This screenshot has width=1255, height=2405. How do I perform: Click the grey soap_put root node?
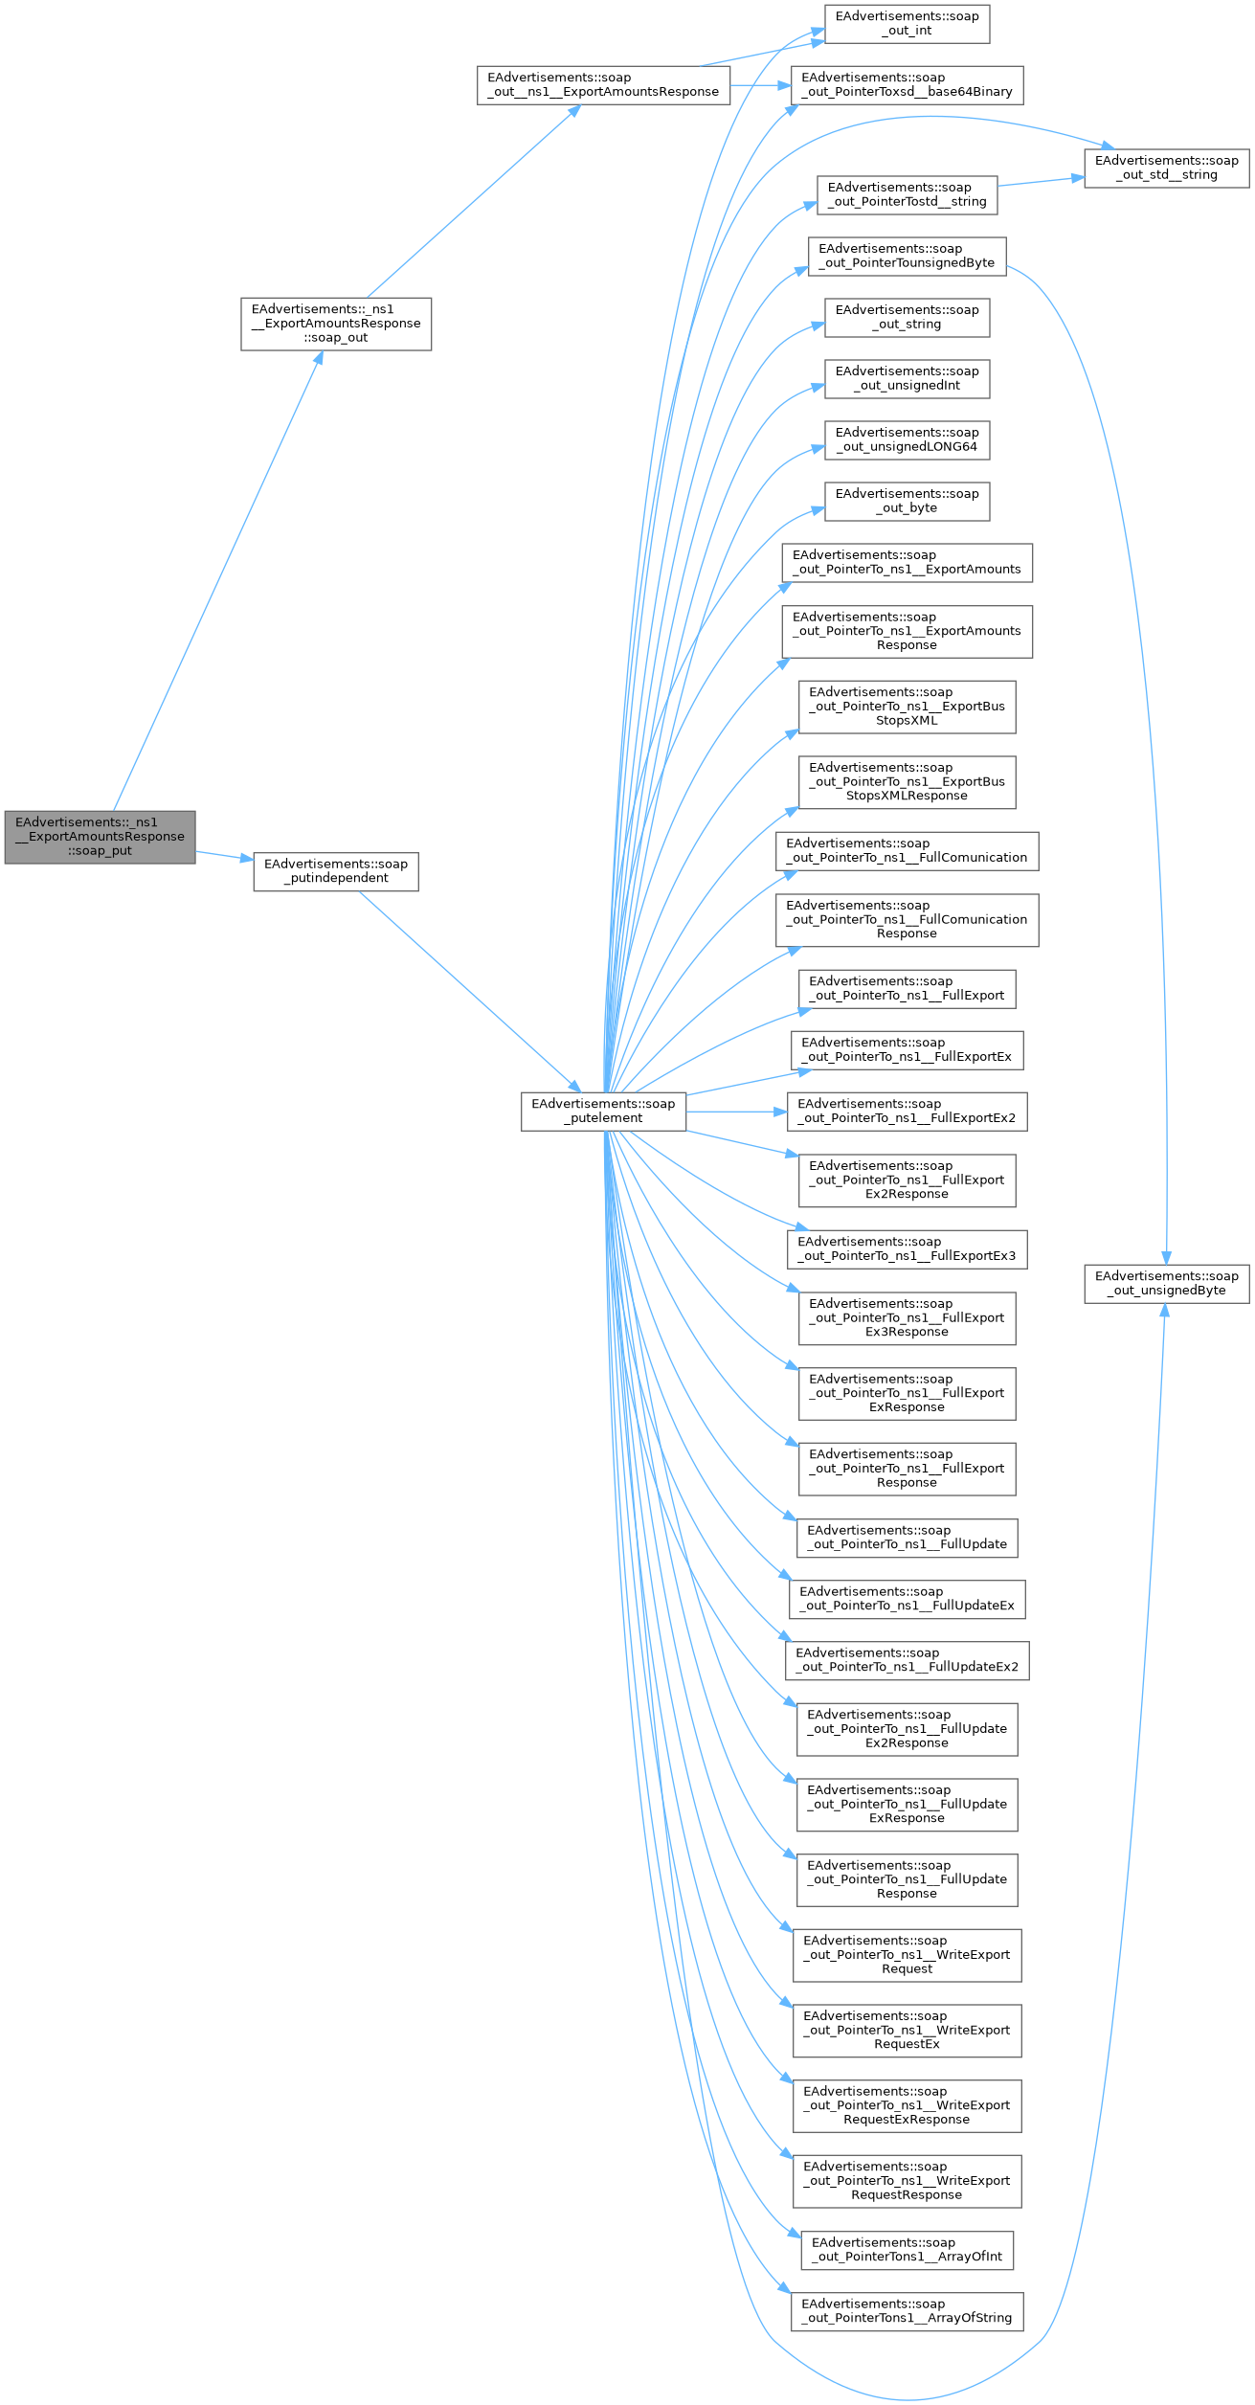[100, 837]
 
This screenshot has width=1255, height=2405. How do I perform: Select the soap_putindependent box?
[336, 871]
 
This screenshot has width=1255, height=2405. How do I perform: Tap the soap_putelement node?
[603, 1111]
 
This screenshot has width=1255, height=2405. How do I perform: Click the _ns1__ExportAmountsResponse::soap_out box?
[336, 324]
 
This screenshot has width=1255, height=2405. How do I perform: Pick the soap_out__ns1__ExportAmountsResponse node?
[603, 85]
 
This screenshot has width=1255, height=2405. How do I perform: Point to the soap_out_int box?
[907, 24]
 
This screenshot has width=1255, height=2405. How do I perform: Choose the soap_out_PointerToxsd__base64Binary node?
[907, 85]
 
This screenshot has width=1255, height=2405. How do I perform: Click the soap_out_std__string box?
[1166, 169]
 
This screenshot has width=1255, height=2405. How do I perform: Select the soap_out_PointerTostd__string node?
[907, 195]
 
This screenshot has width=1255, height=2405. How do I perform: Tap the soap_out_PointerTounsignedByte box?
[907, 257]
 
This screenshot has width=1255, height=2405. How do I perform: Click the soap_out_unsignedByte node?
[1166, 1283]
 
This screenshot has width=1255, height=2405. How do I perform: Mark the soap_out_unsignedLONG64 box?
[907, 440]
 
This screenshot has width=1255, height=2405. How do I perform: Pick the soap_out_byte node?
[907, 502]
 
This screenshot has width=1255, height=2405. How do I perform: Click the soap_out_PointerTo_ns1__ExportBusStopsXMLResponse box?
[907, 782]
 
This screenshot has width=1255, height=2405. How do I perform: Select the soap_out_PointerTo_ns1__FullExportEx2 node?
[907, 1111]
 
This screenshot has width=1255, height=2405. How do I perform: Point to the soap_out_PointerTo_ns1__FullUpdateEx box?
[907, 1599]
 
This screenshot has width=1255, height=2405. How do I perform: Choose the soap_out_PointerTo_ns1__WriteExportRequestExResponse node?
[907, 2106]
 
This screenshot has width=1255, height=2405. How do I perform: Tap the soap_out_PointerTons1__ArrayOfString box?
[907, 2311]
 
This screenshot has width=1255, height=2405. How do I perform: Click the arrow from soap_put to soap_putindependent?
[224, 855]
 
